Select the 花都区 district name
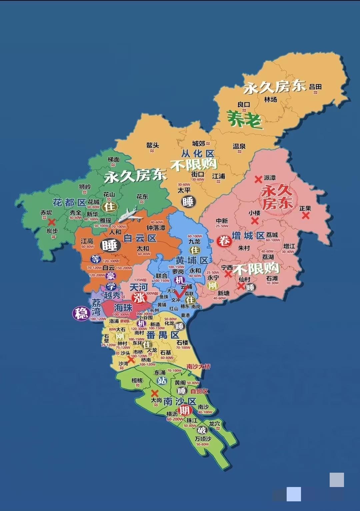tap(69, 203)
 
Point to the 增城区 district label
tap(248, 236)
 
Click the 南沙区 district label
tap(179, 401)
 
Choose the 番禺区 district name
tap(163, 335)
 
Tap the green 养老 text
tap(245, 119)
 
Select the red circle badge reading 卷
tap(224, 241)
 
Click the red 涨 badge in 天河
tap(139, 298)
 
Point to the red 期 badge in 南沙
tap(184, 410)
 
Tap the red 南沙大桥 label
tap(198, 366)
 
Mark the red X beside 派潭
tap(258, 179)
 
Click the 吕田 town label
tap(315, 87)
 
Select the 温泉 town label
tap(239, 146)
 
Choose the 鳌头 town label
tap(152, 145)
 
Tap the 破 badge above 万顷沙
tap(202, 430)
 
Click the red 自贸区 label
tap(199, 391)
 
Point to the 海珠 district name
tap(123, 307)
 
